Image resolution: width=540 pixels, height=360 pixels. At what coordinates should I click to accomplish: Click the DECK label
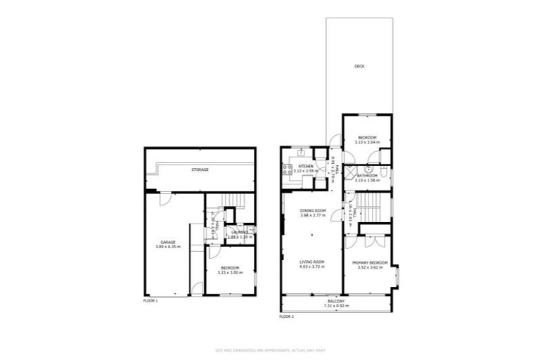click(359, 67)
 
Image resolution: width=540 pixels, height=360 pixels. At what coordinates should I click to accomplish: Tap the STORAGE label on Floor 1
click(200, 169)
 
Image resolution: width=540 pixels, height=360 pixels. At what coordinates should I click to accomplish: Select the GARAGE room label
click(167, 243)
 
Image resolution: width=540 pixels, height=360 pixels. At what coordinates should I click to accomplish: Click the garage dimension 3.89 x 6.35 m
click(167, 247)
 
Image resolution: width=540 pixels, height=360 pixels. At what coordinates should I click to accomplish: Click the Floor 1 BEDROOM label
click(231, 268)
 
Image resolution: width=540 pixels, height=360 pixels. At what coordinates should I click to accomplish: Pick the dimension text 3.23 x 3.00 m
click(231, 272)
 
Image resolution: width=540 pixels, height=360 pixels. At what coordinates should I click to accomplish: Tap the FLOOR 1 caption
click(151, 300)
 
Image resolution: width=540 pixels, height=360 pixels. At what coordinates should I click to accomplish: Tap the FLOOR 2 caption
click(286, 316)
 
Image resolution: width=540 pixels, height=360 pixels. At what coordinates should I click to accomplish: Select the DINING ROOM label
click(313, 211)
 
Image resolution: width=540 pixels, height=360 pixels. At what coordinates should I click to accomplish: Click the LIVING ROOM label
click(313, 262)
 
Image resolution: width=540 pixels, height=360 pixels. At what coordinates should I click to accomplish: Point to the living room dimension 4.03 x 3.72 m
click(313, 266)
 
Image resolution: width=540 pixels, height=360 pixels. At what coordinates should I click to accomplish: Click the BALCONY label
click(336, 302)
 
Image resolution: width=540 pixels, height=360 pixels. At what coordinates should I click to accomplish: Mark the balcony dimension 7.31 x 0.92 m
click(336, 306)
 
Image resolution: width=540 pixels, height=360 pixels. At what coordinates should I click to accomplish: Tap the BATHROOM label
click(368, 176)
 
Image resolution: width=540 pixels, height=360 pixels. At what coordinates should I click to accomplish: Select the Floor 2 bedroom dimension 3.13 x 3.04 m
click(367, 141)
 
